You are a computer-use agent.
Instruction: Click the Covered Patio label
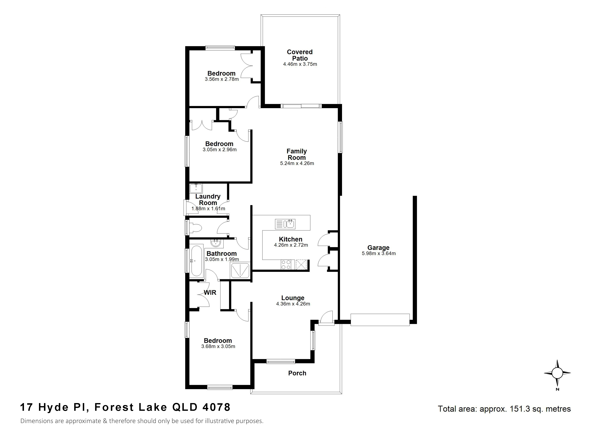300,55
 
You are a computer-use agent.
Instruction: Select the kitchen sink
285,224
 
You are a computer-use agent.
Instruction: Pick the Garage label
378,248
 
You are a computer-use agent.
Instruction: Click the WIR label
210,292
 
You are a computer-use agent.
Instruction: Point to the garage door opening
380,320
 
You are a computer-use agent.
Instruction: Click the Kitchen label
291,239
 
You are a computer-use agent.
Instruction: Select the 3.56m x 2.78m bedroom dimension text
222,79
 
